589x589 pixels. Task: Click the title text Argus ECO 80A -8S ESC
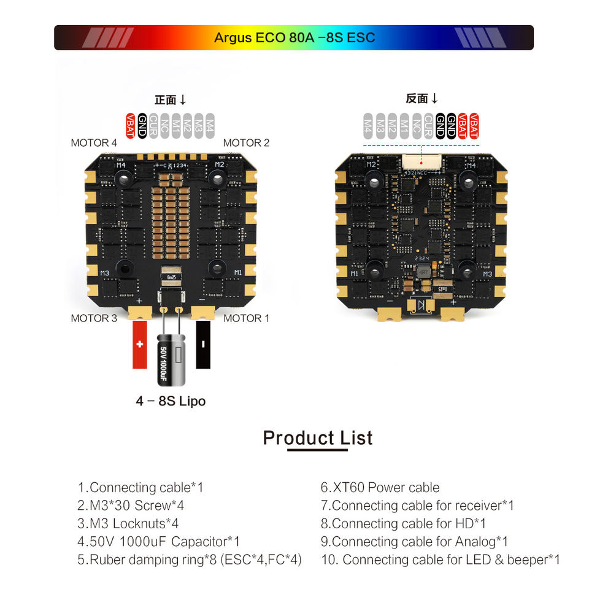tap(294, 37)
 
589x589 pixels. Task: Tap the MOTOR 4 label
tap(93, 143)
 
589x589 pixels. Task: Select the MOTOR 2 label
tap(246, 143)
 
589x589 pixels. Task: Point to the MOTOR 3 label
tap(93, 318)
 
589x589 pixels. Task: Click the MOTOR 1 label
tap(246, 318)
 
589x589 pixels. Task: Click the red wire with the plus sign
tap(140, 345)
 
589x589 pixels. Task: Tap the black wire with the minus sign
tap(203, 345)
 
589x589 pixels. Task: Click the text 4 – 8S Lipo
tap(171, 401)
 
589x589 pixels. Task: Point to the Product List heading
tap(317, 438)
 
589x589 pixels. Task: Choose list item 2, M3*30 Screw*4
tap(131, 506)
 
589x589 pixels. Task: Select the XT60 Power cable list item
tap(380, 488)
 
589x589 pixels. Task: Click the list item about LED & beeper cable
tap(440, 560)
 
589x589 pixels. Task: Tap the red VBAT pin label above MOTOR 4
tap(130, 125)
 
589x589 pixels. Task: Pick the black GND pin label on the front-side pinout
tap(142, 125)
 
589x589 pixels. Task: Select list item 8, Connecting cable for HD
tap(403, 523)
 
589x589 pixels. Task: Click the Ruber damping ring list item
tap(190, 560)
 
